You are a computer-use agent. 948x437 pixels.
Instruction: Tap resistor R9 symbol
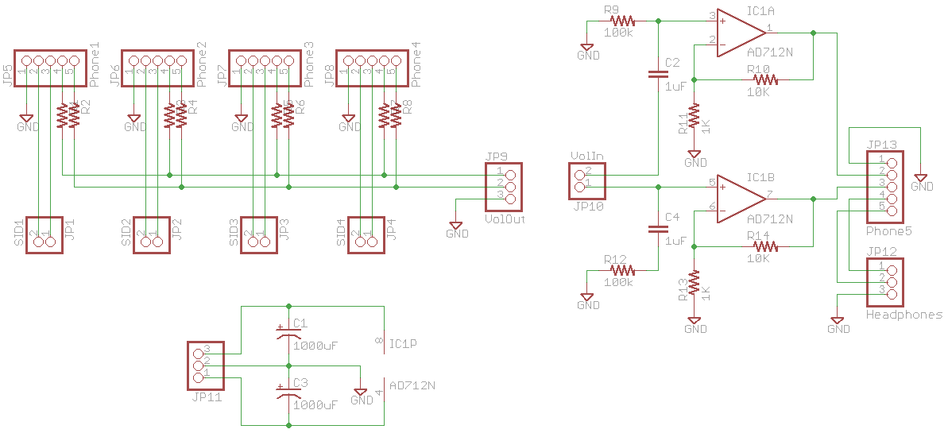click(x=622, y=21)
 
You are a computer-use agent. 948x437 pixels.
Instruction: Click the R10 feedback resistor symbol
click(x=764, y=79)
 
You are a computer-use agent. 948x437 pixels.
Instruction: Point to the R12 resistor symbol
click(x=622, y=270)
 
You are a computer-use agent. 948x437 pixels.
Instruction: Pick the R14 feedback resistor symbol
click(x=764, y=247)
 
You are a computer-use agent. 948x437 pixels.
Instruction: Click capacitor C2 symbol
click(x=658, y=75)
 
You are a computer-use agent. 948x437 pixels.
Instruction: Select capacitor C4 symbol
click(x=658, y=229)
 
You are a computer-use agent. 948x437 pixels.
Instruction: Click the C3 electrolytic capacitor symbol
click(x=288, y=391)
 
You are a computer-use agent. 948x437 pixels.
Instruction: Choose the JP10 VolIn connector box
click(x=587, y=180)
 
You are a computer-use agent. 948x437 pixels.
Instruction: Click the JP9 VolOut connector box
click(x=503, y=186)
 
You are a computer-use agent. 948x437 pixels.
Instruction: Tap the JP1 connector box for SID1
click(x=44, y=234)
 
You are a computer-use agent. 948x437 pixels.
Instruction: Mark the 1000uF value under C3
click(x=315, y=404)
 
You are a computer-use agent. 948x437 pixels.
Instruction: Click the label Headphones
click(x=904, y=315)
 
